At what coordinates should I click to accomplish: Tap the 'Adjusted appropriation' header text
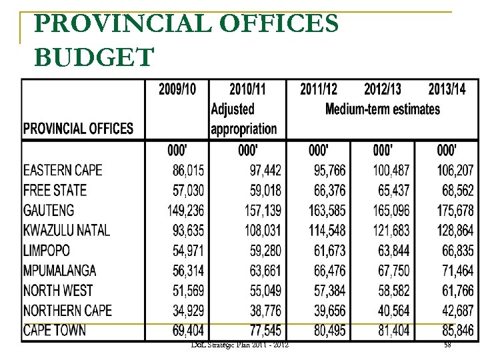pos(243,119)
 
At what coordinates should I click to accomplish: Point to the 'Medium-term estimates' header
pos(383,109)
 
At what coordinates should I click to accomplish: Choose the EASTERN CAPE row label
pos(63,170)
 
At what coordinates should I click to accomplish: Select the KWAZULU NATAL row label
pos(67,230)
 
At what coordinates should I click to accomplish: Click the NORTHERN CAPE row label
pos(67,310)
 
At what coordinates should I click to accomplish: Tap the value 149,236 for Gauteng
pos(186,211)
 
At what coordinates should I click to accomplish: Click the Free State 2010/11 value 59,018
pos(263,191)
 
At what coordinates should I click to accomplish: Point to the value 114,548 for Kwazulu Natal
pos(327,231)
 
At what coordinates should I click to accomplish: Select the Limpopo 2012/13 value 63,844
pos(393,251)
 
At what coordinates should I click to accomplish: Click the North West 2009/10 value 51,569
pos(187,291)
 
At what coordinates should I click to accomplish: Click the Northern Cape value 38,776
pos(263,311)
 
